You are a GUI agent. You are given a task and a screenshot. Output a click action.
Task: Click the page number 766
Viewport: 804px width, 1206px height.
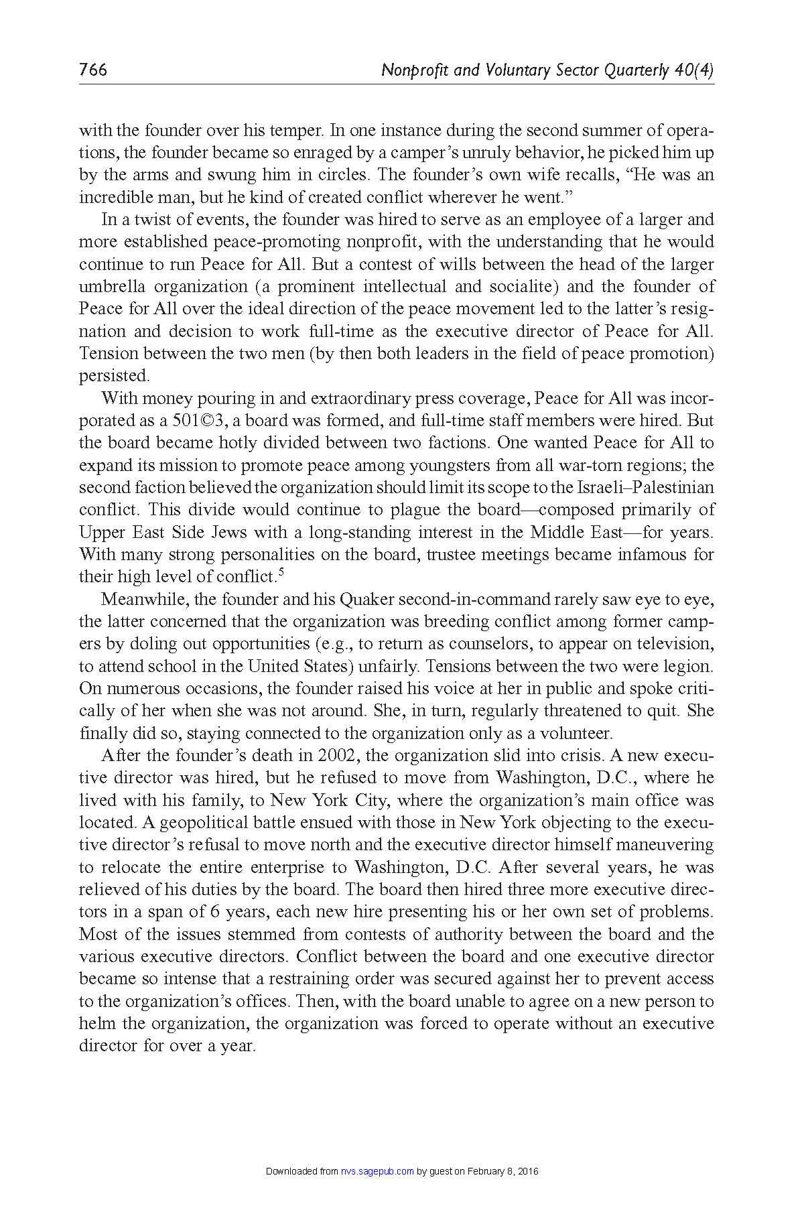92,70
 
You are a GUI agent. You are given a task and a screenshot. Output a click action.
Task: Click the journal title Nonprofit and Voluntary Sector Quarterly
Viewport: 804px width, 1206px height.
525,70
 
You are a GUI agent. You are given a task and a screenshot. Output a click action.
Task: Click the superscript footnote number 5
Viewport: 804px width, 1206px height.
281,572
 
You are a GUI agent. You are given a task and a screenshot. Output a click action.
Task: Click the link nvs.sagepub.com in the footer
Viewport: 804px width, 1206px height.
377,1171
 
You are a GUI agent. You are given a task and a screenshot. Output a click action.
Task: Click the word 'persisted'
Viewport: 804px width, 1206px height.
113,376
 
